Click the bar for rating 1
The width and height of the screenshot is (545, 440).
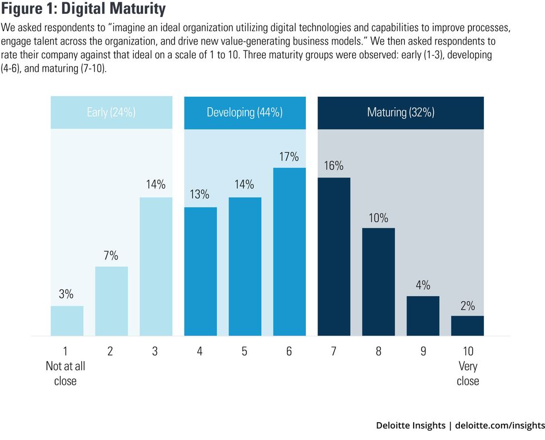[x=67, y=321]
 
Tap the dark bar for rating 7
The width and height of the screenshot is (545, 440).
[x=334, y=256]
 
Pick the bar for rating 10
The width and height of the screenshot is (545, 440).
[x=467, y=326]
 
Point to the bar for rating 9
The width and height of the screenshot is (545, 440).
[x=423, y=316]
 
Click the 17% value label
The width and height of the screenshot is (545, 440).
[x=289, y=157]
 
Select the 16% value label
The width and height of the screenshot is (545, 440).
[x=334, y=166]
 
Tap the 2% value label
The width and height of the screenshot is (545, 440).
[x=467, y=305]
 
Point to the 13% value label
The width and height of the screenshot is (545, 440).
[x=199, y=195]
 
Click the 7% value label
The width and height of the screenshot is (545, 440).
[x=111, y=256]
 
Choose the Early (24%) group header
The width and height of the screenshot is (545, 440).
[x=111, y=112]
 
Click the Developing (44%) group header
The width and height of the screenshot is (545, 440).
[x=245, y=112]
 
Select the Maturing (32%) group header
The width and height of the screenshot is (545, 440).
[x=400, y=112]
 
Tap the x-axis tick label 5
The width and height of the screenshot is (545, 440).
[x=245, y=351]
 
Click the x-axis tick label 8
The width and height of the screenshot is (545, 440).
[x=378, y=351]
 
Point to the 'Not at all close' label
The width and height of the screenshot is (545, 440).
[x=66, y=374]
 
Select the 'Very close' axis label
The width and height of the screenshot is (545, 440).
[x=468, y=374]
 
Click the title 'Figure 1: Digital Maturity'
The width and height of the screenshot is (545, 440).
[x=84, y=9]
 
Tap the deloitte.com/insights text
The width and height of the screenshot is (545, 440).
[x=499, y=425]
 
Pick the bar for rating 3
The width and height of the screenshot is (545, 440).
[x=156, y=266]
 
